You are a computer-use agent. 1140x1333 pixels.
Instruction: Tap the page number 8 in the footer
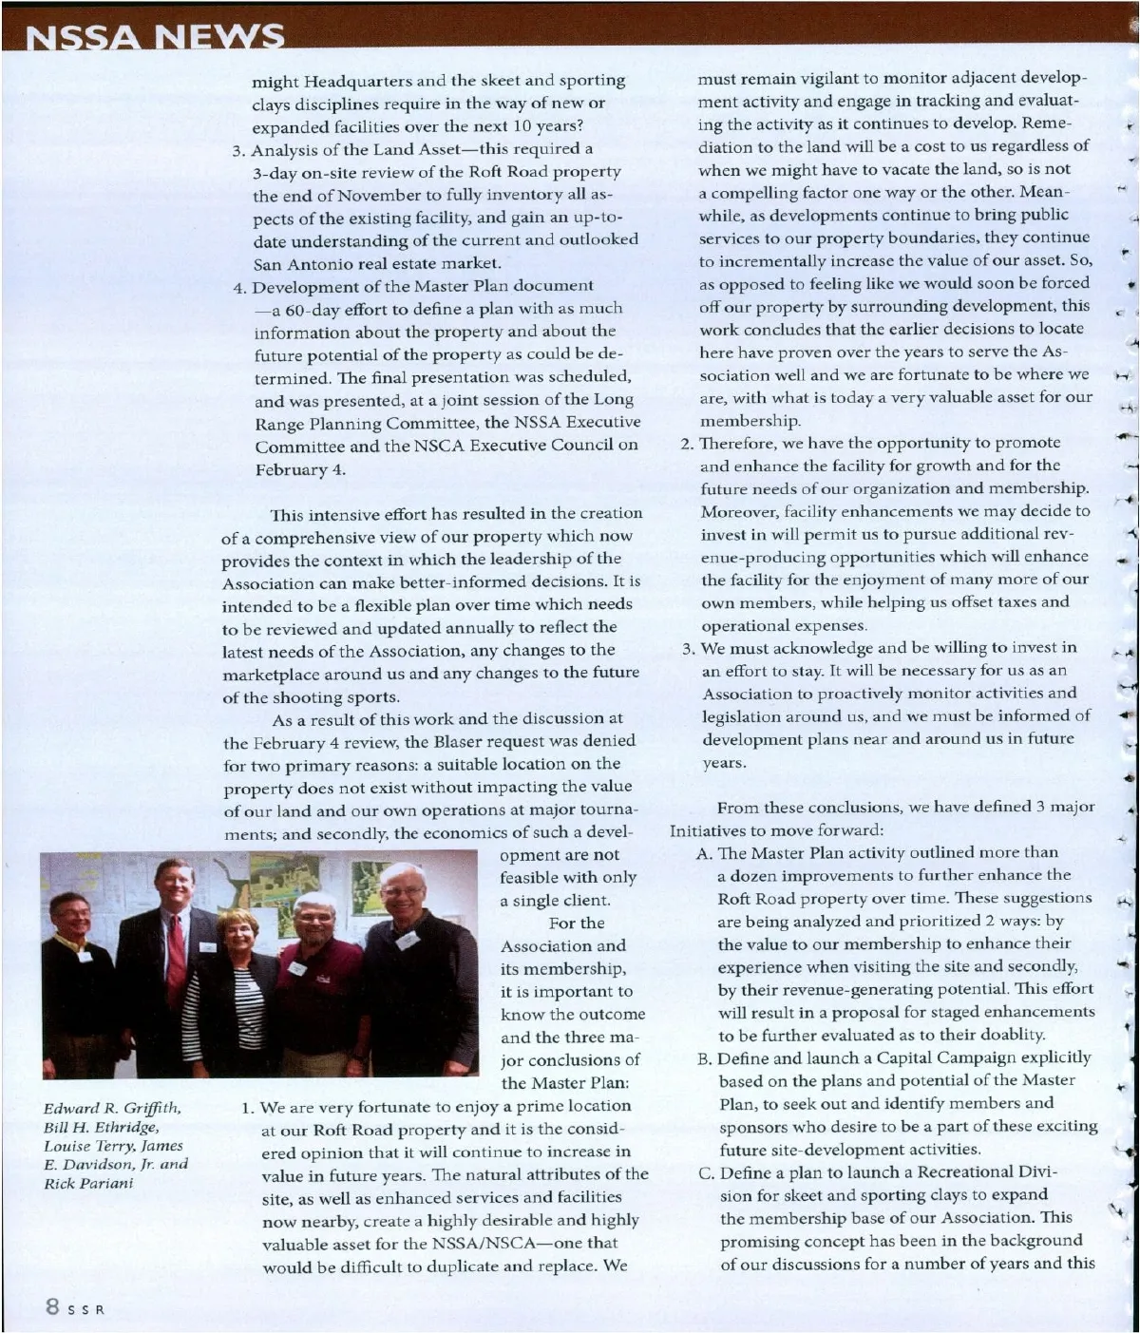[x=55, y=1305]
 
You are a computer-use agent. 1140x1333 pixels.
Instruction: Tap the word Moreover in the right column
[x=738, y=511]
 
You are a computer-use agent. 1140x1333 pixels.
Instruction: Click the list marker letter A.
[x=704, y=853]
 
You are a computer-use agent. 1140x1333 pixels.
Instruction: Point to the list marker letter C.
[x=705, y=1172]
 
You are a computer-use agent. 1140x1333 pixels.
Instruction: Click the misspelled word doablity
[x=1012, y=1035]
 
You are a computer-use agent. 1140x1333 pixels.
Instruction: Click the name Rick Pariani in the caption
[x=88, y=1183]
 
